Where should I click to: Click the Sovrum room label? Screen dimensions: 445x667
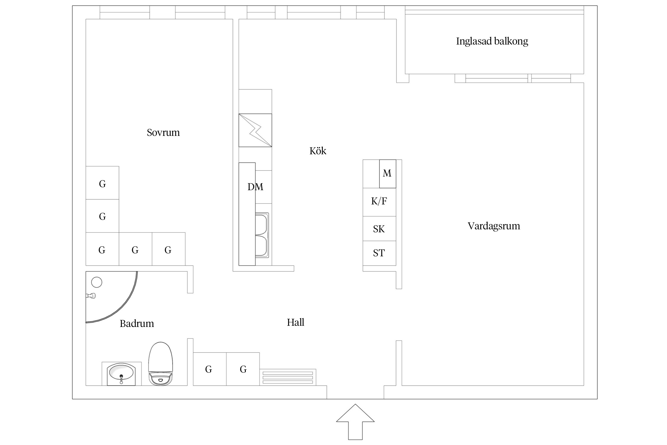pyautogui.click(x=163, y=132)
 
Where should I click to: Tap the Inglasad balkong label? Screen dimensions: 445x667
pyautogui.click(x=492, y=41)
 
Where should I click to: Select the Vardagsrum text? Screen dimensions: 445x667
pyautogui.click(x=494, y=226)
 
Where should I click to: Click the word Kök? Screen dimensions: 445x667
pyautogui.click(x=318, y=151)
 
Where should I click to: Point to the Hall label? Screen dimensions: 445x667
pyautogui.click(x=295, y=322)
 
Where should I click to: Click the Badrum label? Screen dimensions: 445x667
pyautogui.click(x=137, y=323)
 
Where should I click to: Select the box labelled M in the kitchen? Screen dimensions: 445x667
pyautogui.click(x=387, y=174)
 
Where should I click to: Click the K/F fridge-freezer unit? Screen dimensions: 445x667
pyautogui.click(x=379, y=202)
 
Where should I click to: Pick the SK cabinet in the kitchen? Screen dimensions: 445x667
pyautogui.click(x=379, y=229)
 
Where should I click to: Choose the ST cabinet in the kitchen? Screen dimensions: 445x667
pyautogui.click(x=379, y=253)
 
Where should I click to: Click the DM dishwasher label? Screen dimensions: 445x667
pyautogui.click(x=255, y=187)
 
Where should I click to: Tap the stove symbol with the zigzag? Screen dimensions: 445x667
pyautogui.click(x=255, y=130)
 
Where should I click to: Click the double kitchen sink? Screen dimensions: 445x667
pyautogui.click(x=262, y=235)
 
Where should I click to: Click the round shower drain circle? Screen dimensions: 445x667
pyautogui.click(x=97, y=282)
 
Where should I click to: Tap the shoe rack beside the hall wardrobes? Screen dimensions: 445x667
pyautogui.click(x=288, y=377)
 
